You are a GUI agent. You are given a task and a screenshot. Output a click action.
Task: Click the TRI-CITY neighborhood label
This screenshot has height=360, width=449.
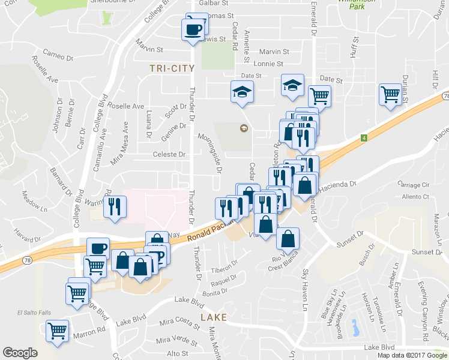[x=172, y=68]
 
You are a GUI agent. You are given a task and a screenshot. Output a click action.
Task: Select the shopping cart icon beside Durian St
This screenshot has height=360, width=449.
[x=390, y=94]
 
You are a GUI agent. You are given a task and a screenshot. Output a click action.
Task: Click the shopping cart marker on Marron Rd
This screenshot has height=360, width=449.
[x=57, y=331]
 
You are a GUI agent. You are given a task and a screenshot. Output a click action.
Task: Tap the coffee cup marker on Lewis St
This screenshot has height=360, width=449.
[x=193, y=29]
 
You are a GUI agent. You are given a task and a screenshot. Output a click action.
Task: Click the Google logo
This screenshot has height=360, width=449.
[x=20, y=353]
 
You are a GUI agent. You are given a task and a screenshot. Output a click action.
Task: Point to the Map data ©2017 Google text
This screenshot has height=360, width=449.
[x=411, y=355]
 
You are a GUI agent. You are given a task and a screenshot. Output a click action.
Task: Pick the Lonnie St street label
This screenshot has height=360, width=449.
[x=268, y=64]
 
